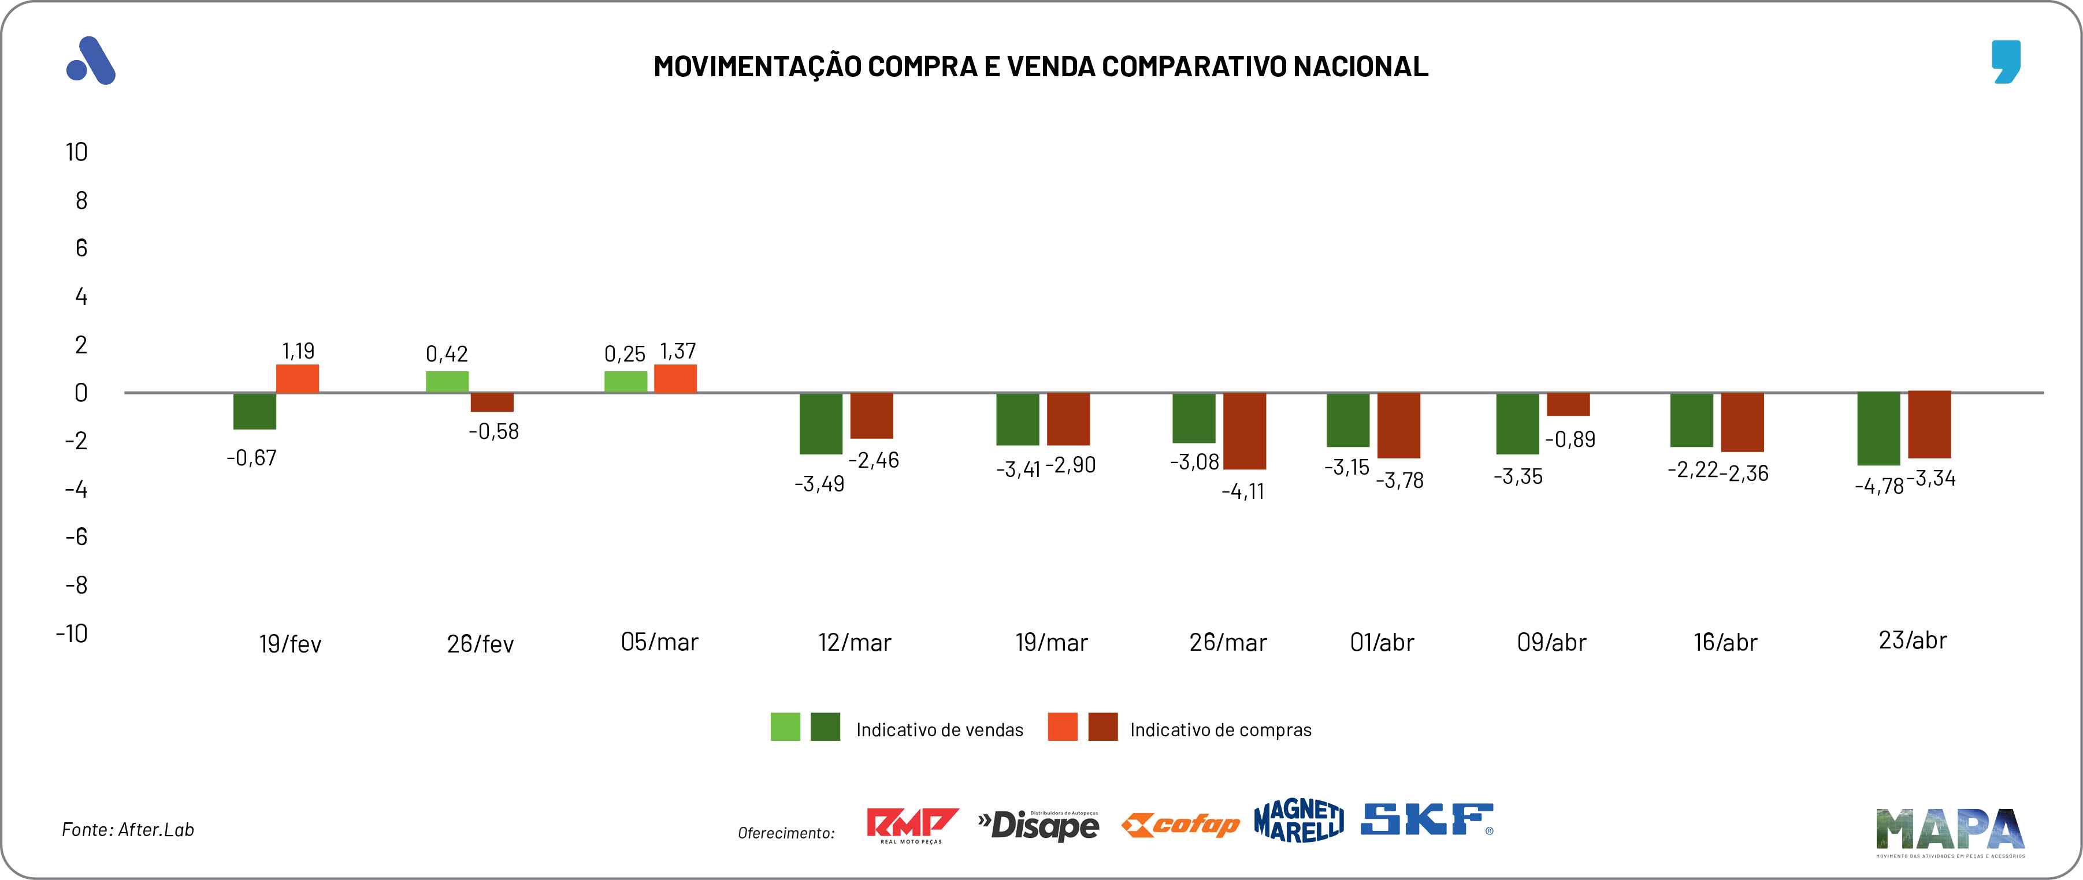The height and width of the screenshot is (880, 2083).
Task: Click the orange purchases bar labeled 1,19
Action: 298,379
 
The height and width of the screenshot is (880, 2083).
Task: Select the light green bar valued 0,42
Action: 447,382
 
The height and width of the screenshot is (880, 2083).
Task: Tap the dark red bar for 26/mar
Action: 1245,431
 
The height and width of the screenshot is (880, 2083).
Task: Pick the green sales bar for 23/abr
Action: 1878,429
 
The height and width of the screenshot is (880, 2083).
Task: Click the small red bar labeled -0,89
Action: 1568,404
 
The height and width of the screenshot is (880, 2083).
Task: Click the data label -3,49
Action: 819,484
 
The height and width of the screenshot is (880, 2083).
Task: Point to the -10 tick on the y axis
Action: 72,633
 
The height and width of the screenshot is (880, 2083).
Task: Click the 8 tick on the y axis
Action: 81,200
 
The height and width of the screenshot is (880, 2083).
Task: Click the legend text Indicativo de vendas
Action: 940,730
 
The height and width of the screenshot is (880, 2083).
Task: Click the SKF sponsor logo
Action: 1427,819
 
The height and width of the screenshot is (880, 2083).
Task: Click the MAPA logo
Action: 1950,831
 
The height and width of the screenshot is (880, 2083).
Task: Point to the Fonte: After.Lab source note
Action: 128,830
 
